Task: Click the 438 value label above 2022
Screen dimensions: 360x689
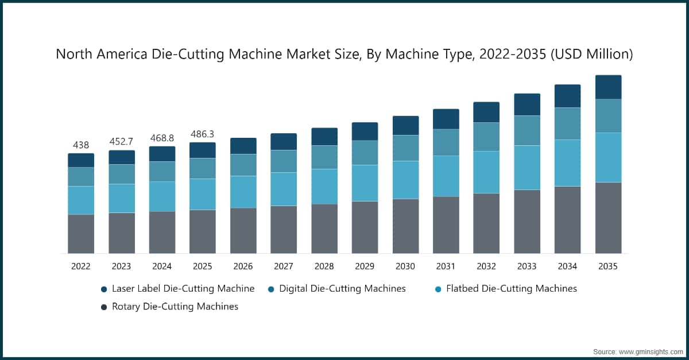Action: (81, 145)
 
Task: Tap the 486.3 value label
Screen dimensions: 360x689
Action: (203, 134)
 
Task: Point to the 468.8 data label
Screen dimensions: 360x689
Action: (162, 138)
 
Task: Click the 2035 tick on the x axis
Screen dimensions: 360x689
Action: (608, 266)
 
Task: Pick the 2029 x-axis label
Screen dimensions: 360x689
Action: (365, 266)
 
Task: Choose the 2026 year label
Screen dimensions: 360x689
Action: (243, 266)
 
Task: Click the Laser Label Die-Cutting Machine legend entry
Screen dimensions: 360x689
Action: (183, 288)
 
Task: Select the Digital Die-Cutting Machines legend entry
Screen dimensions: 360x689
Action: (342, 288)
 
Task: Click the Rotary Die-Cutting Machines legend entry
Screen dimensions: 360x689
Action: (175, 307)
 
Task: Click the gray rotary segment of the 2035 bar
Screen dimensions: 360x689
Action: (608, 218)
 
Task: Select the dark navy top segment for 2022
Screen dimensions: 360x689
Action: (81, 160)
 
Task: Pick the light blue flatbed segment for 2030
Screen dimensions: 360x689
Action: (405, 180)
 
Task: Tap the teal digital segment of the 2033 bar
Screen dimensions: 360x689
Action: (527, 130)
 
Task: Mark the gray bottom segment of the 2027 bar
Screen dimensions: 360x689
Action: (284, 230)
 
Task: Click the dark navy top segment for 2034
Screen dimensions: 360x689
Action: (567, 96)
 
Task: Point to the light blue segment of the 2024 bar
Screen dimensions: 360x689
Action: (162, 196)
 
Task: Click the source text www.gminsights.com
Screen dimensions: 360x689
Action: (652, 350)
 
